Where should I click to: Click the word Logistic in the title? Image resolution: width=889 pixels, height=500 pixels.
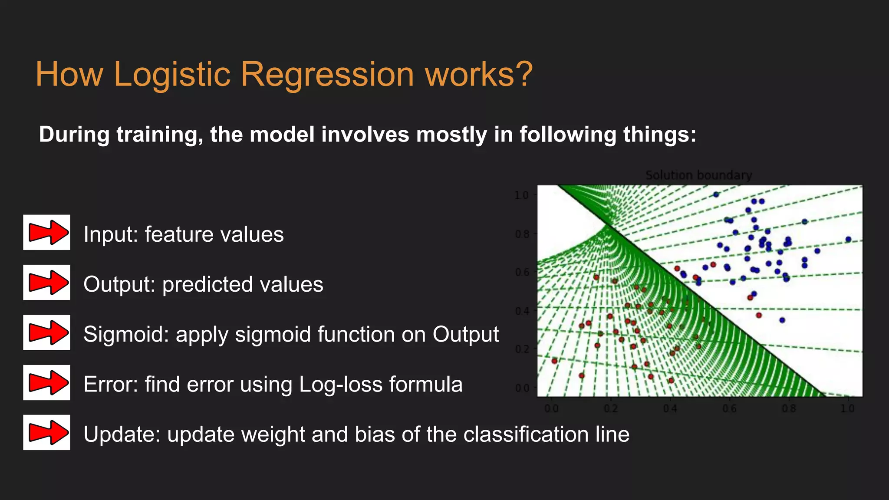point(172,74)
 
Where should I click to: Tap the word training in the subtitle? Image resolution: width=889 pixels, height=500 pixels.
point(160,134)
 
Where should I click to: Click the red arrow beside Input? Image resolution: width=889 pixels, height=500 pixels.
point(47,232)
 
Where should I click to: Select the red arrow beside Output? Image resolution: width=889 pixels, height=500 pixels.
point(47,282)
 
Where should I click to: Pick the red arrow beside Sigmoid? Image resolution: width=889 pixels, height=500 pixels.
point(47,332)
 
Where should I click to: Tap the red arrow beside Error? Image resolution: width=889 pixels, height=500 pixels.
point(47,382)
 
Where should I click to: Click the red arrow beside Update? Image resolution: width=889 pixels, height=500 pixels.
point(47,432)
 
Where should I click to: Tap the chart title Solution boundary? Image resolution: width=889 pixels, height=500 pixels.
point(698,175)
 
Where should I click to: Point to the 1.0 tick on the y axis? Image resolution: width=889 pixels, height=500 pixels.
point(521,195)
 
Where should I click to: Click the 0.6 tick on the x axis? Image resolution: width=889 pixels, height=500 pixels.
point(729,409)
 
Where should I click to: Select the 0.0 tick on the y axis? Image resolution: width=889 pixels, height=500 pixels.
point(521,388)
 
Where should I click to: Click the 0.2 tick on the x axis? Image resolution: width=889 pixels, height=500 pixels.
point(610,409)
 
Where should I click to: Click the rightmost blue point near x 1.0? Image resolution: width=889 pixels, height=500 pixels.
point(848,239)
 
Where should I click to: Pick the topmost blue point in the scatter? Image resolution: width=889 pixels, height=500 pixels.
point(716,194)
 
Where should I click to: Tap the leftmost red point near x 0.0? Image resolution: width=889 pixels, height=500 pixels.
point(554,361)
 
